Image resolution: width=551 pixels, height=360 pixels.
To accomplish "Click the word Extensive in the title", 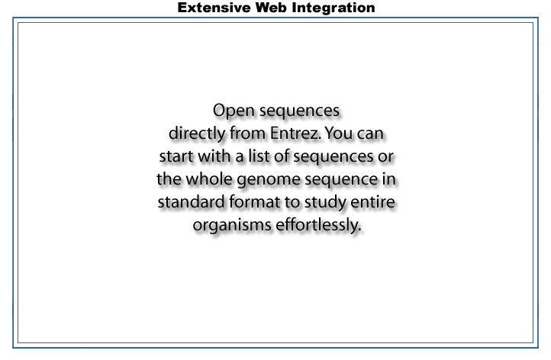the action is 214,8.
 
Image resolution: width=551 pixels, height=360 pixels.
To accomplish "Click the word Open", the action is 234,111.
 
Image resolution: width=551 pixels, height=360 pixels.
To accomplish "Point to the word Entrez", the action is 295,133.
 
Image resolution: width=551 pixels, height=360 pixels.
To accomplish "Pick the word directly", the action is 197,134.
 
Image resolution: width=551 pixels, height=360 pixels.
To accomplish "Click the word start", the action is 176,156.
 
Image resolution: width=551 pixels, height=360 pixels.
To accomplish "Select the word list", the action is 259,156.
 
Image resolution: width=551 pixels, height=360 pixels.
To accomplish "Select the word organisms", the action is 232,226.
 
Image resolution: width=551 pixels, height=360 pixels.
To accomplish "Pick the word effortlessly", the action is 318,226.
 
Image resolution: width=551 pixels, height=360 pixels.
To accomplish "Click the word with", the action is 214,156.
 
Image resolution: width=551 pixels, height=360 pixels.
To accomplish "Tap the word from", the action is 247,133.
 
